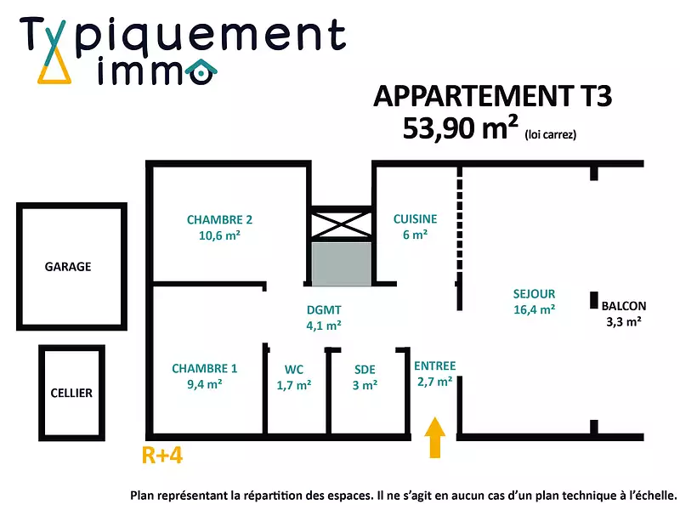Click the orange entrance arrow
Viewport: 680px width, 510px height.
(x=435, y=438)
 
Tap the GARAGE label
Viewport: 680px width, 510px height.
(x=68, y=266)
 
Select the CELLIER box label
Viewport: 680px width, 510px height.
(x=71, y=393)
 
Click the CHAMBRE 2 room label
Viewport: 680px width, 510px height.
(x=219, y=219)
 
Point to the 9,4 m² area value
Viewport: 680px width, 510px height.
(x=205, y=384)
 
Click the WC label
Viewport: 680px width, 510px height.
(x=294, y=370)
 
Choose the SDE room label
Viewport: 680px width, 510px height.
(x=365, y=370)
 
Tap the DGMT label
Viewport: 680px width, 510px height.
(x=324, y=310)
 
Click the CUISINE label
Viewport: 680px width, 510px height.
(x=415, y=219)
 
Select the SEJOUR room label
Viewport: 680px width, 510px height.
(x=534, y=294)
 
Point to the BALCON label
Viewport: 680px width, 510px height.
(x=623, y=306)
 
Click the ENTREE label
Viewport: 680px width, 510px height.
(x=434, y=366)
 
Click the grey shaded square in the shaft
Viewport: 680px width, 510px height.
(x=340, y=263)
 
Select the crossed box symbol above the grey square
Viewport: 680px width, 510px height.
(x=340, y=224)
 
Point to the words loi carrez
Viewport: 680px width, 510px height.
(x=550, y=133)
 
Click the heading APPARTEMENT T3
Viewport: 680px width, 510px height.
(x=492, y=96)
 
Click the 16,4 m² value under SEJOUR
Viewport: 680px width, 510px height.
(x=534, y=310)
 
